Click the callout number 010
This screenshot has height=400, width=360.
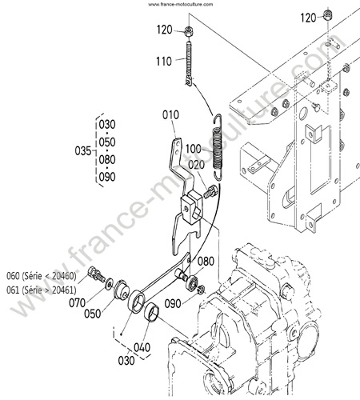pyautogui.click(x=170, y=115)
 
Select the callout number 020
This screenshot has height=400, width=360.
pyautogui.click(x=196, y=165)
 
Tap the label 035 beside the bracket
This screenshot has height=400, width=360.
pyautogui.click(x=83, y=151)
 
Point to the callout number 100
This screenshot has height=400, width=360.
pyautogui.click(x=194, y=149)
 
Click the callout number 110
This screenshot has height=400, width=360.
pyautogui.click(x=164, y=62)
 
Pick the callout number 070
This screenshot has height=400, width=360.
pyautogui.click(x=77, y=303)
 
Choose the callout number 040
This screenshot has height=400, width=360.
pyautogui.click(x=142, y=347)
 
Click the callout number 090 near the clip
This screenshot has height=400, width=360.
pyautogui.click(x=173, y=304)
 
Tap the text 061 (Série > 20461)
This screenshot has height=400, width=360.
pyautogui.click(x=42, y=290)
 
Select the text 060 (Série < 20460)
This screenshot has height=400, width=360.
pyautogui.click(x=42, y=276)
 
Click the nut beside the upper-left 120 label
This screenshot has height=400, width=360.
pyautogui.click(x=189, y=32)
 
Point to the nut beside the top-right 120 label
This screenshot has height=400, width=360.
pyautogui.click(x=327, y=15)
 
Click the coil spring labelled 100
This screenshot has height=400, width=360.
pyautogui.click(x=218, y=147)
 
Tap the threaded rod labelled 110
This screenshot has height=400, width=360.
pyautogui.click(x=189, y=63)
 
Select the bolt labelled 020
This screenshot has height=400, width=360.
pyautogui.click(x=210, y=191)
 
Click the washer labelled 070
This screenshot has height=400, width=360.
pyautogui.click(x=109, y=285)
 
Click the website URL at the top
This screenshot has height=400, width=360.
pyautogui.click(x=181, y=4)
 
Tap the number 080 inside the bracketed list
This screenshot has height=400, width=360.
pyautogui.click(x=107, y=160)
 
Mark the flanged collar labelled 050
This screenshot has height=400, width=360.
pyautogui.click(x=122, y=290)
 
